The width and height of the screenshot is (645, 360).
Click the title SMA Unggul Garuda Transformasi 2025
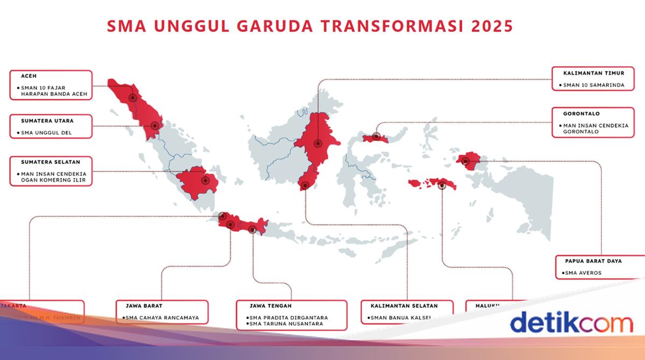[x=310, y=26]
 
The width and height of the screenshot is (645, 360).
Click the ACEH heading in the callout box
[x=28, y=76]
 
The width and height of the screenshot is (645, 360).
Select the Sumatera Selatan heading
[x=50, y=161]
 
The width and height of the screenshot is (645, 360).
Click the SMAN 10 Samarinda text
[x=594, y=85]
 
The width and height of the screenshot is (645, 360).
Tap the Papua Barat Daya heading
[x=593, y=261]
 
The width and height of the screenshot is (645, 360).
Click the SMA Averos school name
[x=583, y=273]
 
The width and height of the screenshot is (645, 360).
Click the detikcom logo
[x=571, y=323]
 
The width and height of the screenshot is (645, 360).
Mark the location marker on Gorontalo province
[x=376, y=137]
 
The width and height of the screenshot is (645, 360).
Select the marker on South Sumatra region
[x=205, y=181]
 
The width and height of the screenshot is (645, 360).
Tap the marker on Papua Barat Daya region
[x=465, y=160]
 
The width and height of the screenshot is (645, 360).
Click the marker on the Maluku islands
[x=442, y=186]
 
